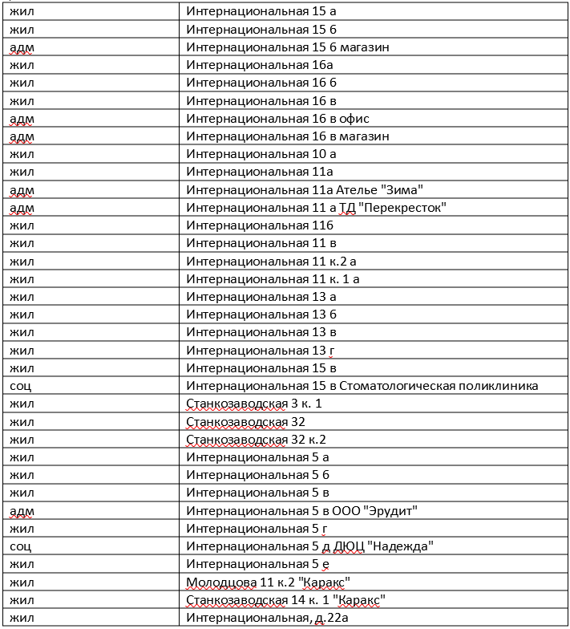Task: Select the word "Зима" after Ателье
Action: click(401, 190)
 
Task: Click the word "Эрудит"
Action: click(392, 511)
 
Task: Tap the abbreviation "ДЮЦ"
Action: click(348, 546)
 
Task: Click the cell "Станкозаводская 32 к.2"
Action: click(257, 439)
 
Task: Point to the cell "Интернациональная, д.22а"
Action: click(267, 617)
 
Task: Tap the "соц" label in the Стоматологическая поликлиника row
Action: click(21, 386)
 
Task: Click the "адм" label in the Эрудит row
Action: click(22, 511)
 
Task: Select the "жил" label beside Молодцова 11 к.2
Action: click(22, 582)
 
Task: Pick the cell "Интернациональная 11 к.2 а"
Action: click(272, 262)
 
